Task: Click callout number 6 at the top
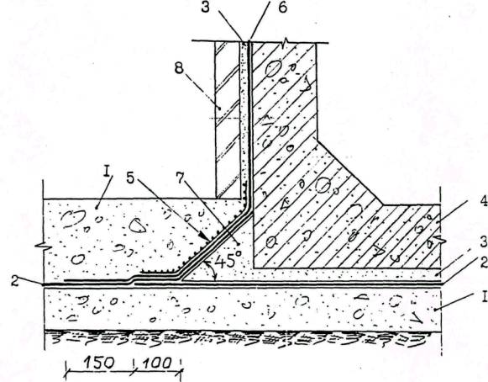282,8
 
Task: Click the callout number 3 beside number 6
206,8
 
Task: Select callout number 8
179,67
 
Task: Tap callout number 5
131,178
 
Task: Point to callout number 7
181,178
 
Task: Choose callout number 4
483,203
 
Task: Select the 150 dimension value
99,363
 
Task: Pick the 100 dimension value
157,363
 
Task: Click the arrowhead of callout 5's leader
206,237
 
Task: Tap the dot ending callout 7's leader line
238,243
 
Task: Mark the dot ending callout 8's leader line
220,109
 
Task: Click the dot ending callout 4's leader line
438,221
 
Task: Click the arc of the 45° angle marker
212,268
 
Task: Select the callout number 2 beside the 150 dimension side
14,281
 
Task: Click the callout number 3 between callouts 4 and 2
483,242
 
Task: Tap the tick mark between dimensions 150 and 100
134,368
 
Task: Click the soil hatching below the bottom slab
243,337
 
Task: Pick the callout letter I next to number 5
108,173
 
